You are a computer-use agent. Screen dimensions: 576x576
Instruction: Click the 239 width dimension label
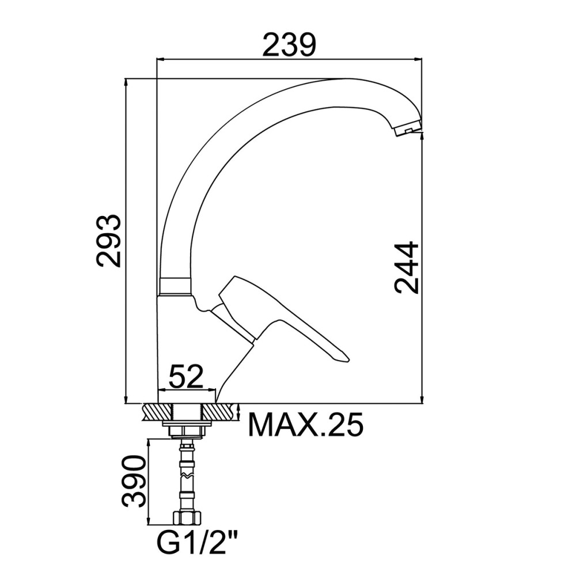pyautogui.click(x=289, y=45)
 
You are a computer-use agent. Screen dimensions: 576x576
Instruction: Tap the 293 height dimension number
pyautogui.click(x=108, y=241)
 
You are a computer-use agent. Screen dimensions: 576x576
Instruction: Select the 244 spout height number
pyautogui.click(x=407, y=268)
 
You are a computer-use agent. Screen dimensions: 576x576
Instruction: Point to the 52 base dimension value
pyautogui.click(x=186, y=377)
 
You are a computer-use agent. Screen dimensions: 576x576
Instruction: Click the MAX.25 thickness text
pyautogui.click(x=306, y=425)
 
